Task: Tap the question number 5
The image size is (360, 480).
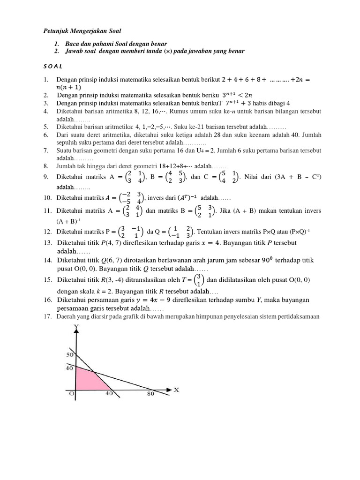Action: click(46, 127)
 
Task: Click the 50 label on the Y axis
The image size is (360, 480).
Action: click(69, 355)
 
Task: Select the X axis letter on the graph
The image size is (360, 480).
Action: click(177, 389)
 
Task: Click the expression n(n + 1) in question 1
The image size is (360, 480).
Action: click(68, 87)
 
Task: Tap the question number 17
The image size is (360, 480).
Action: click(46, 316)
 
